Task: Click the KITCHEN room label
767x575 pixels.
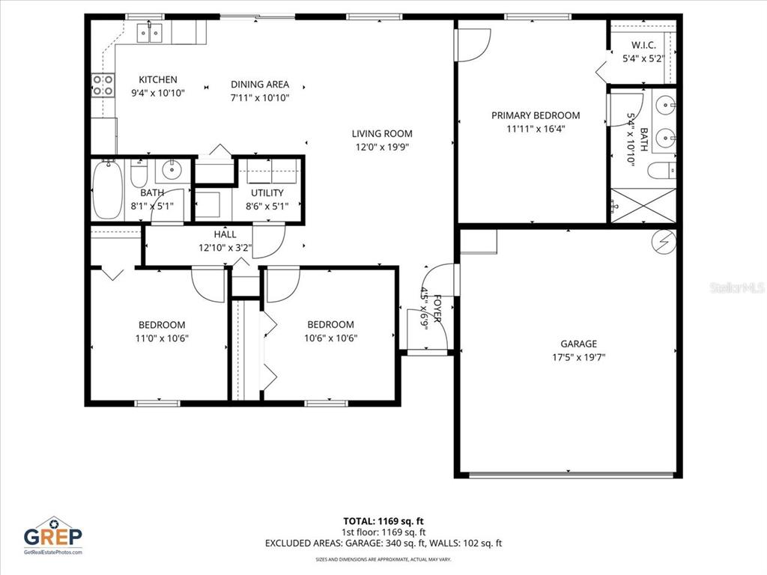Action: tap(158, 79)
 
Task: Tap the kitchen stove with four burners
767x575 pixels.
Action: tap(103, 85)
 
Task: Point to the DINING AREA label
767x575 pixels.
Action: tap(260, 85)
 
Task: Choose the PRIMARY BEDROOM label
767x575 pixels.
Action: tap(536, 115)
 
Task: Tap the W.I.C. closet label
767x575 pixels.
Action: tap(643, 45)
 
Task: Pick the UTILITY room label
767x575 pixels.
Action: tap(267, 192)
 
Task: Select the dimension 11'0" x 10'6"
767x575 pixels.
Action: tap(162, 337)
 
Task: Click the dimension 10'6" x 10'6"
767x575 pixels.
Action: tap(330, 337)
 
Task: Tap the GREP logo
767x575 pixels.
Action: tap(52, 535)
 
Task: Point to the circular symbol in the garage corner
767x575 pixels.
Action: tap(663, 240)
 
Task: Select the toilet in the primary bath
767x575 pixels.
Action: tap(662, 172)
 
